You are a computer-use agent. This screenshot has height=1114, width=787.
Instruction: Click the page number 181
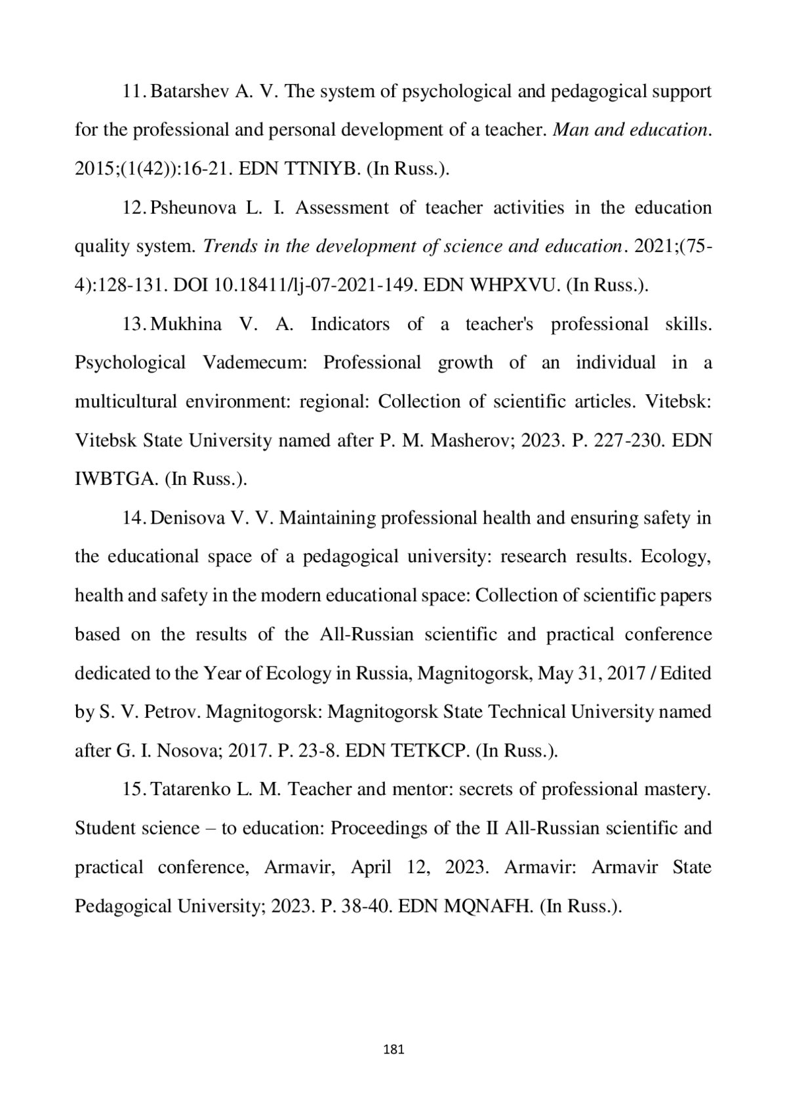[x=393, y=1049]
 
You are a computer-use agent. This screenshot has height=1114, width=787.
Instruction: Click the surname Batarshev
[x=190, y=91]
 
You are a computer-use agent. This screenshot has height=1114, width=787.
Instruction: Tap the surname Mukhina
[x=186, y=324]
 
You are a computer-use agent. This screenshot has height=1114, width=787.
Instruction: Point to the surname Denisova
[x=187, y=518]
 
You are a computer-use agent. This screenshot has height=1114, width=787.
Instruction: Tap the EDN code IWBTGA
[x=116, y=479]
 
